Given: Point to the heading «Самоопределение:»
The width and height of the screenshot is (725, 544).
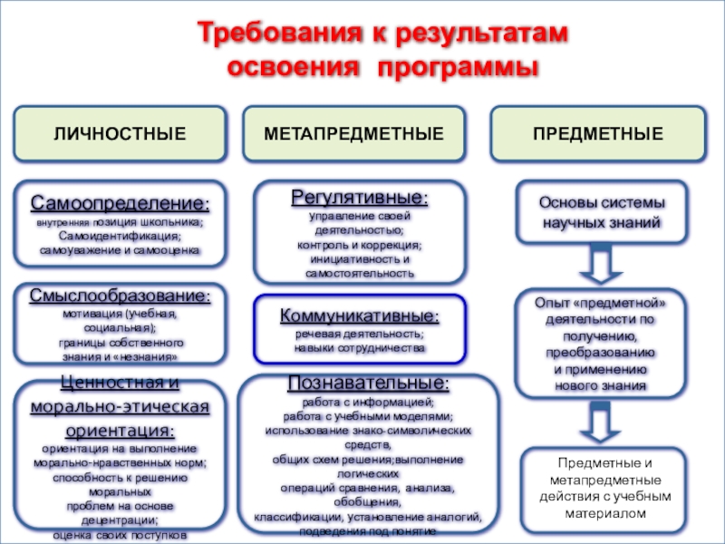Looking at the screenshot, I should pos(120,201).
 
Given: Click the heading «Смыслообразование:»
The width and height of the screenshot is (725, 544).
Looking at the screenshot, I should pos(120,296).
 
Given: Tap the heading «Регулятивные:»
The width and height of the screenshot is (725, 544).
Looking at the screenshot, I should pos(360,197).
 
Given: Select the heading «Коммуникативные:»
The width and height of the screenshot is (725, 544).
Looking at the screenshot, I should pos(360,316).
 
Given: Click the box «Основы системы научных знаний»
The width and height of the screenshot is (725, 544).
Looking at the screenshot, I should pos(602,212).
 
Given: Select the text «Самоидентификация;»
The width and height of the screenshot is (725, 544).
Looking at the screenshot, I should pos(120,236).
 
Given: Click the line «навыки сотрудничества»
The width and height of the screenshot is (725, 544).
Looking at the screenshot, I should pos(360,347).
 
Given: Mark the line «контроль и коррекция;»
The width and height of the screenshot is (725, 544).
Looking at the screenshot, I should pos(360,245).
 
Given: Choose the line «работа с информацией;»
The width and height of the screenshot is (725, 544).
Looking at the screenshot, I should pos(368,402).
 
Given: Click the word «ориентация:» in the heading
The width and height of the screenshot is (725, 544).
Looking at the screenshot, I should pos(120,428).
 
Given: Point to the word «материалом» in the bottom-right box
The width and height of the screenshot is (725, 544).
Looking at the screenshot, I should pos(602,512).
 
